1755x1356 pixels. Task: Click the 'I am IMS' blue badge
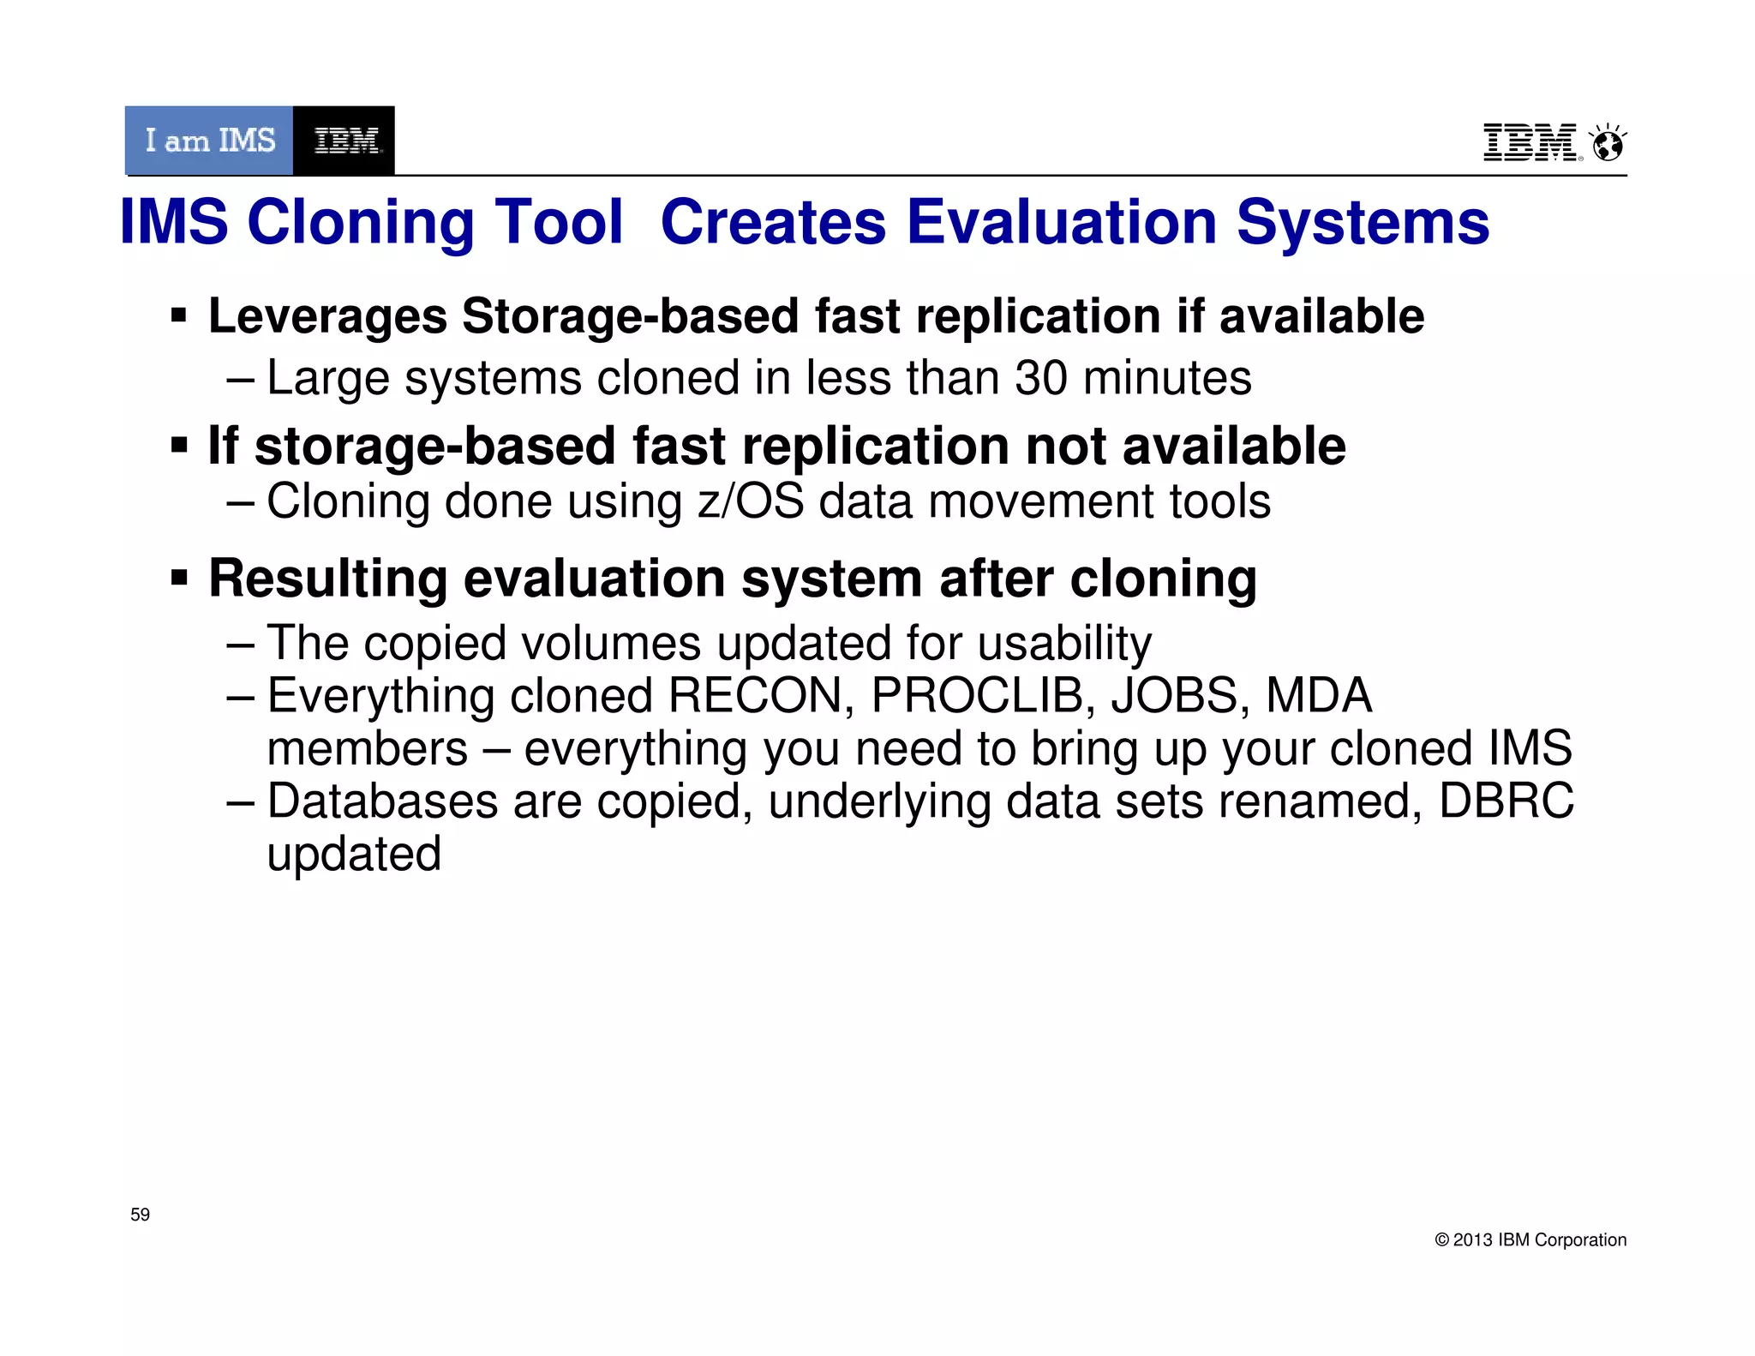(x=209, y=141)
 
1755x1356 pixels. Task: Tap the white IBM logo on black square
(x=344, y=141)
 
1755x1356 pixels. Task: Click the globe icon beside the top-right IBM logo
(x=1608, y=144)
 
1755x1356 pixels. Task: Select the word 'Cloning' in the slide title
(x=360, y=223)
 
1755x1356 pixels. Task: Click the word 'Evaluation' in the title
(x=1061, y=223)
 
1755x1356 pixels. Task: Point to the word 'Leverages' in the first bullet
(x=327, y=316)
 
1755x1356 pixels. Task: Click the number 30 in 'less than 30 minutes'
(x=1040, y=377)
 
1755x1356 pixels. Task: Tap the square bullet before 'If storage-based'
(x=178, y=446)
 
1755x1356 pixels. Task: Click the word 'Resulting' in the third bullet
(x=328, y=579)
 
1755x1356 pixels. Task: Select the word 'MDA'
(x=1319, y=695)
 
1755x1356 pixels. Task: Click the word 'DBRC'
(x=1506, y=801)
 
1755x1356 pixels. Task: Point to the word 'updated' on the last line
(x=354, y=855)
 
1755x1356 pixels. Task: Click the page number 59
(x=140, y=1215)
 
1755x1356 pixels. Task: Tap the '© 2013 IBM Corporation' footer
(x=1530, y=1240)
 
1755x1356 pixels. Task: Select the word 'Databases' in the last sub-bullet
(x=382, y=801)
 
